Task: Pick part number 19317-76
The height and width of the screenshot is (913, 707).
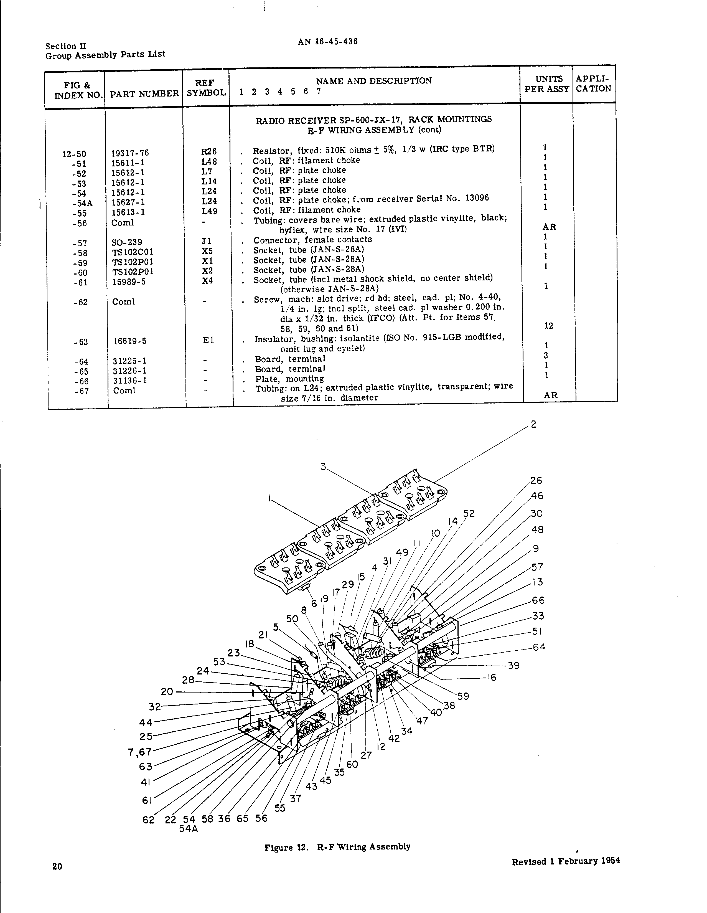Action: (129, 153)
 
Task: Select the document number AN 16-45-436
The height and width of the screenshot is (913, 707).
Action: (328, 41)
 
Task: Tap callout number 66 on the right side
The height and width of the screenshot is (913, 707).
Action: (538, 600)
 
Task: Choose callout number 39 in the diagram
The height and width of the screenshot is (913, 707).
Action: (513, 666)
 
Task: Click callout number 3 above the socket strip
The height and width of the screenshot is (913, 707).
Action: (323, 466)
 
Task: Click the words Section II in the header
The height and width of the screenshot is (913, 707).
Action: (66, 46)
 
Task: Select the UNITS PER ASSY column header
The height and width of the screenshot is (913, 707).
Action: (546, 83)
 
